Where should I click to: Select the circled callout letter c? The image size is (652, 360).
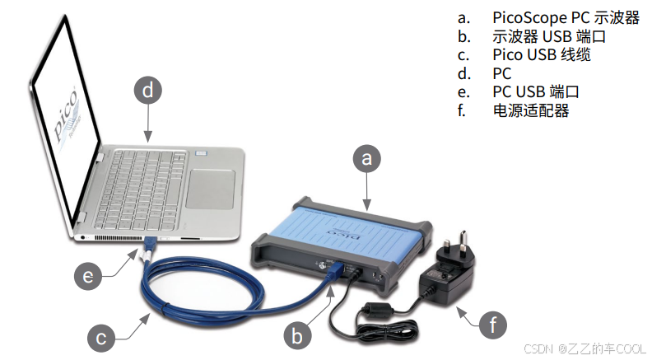pyautogui.click(x=101, y=338)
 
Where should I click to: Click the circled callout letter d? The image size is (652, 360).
pyautogui.click(x=148, y=91)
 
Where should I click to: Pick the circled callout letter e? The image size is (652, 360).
pyautogui.click(x=88, y=276)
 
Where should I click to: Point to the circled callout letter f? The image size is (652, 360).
pyautogui.click(x=493, y=325)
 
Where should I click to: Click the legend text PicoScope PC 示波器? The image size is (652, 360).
pyautogui.click(x=566, y=17)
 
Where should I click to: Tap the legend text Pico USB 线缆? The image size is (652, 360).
pyautogui.click(x=542, y=55)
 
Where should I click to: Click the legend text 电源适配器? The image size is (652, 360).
pyautogui.click(x=530, y=110)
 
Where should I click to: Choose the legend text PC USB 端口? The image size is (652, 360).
pyautogui.click(x=536, y=91)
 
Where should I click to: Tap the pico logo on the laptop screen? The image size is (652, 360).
pyautogui.click(x=66, y=115)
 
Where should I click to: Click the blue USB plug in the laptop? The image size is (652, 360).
pyautogui.click(x=151, y=245)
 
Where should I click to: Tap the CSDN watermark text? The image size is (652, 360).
pyautogui.click(x=584, y=348)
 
